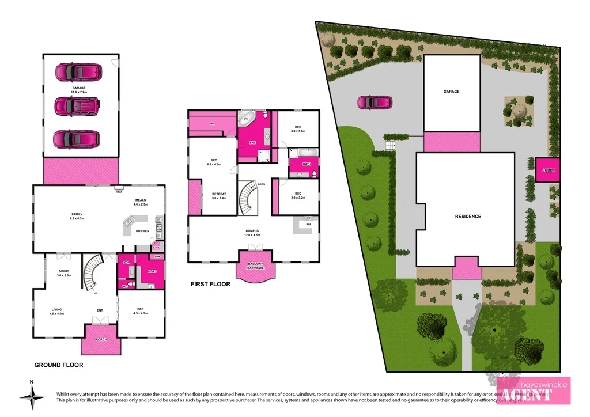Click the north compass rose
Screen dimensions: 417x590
tap(32, 397)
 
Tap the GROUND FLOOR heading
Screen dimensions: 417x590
tap(59, 365)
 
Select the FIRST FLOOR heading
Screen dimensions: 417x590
tap(210, 284)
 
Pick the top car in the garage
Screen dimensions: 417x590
tap(77, 72)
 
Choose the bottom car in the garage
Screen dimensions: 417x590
tap(77, 139)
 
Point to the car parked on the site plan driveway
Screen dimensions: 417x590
tap(375, 103)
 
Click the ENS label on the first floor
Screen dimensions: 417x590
tap(252, 142)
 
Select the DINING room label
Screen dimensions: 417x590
tap(64, 272)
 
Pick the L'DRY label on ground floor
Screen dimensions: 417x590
tap(153, 271)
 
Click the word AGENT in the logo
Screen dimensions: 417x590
tap(528, 395)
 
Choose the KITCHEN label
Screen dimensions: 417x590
tap(142, 231)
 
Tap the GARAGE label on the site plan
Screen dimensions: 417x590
tap(451, 92)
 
